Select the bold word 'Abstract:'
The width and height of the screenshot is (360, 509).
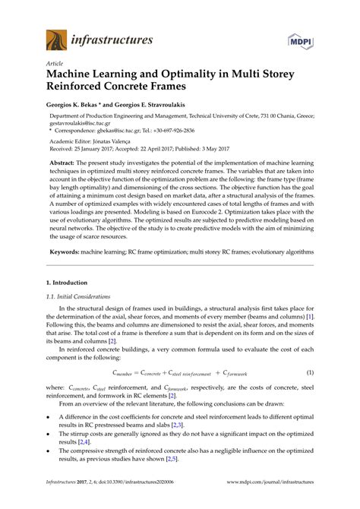67,163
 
